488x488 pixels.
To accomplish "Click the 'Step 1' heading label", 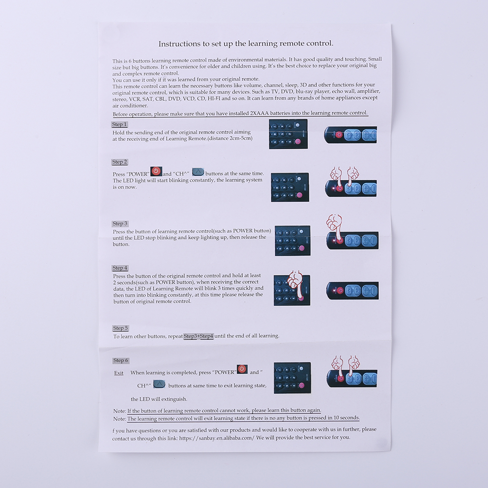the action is pos(119,124).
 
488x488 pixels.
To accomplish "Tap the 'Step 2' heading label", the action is pos(120,162).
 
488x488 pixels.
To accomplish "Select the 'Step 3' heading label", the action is pos(120,224).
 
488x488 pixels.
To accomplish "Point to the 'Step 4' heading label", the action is pos(120,268).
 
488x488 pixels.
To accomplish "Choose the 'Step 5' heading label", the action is pos(120,328).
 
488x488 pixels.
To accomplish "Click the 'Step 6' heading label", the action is pos(121,360).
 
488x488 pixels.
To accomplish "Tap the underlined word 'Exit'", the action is pos(118,373).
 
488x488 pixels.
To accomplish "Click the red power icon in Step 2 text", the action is pos(156,171).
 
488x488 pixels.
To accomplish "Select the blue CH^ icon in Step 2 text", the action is pos(198,172).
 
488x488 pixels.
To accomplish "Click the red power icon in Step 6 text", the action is pos(242,369).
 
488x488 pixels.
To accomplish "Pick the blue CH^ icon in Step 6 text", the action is pos(159,384).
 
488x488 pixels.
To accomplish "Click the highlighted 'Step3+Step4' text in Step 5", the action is pos(198,336).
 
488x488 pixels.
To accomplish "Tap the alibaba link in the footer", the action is pos(216,438).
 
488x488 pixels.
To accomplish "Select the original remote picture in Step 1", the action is pos(288,134).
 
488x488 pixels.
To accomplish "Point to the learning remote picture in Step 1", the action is pos(351,135).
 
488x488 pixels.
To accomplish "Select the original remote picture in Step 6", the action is pos(292,377).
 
